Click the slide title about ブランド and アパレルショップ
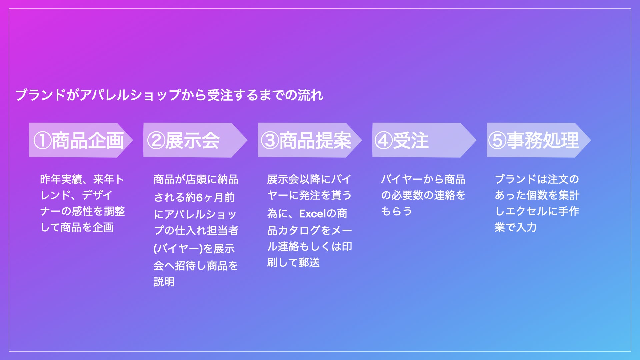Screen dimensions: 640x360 pos(169,95)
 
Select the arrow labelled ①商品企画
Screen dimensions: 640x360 pos(81,140)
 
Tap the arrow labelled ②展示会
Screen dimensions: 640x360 pos(195,140)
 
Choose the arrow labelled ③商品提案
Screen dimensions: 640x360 pos(310,140)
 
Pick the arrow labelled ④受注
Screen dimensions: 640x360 pos(424,140)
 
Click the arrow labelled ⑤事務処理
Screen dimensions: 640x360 pos(539,140)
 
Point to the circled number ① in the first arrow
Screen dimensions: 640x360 pos(42,140)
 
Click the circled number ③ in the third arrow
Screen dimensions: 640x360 pos(270,140)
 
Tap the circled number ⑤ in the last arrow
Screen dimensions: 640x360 pos(497,140)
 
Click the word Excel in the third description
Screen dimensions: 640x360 pos(313,213)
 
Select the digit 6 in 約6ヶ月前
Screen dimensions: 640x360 pos(199,197)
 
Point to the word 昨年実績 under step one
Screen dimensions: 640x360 pos(61,179)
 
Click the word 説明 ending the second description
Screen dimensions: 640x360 pos(164,282)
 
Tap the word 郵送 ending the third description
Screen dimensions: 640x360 pos(309,262)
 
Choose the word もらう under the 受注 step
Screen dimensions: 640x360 pos(396,211)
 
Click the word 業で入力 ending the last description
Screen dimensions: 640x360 pos(515,227)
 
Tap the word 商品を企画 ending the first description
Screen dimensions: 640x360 pos(87,227)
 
